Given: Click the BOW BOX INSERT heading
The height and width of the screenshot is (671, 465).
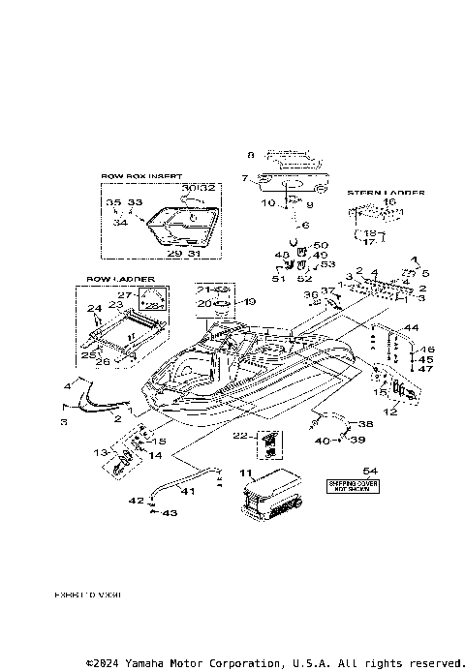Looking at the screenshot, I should coord(141,177).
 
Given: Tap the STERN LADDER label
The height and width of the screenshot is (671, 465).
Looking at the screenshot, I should coord(385,193).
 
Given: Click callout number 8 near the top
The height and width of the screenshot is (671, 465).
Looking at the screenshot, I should coord(250,155).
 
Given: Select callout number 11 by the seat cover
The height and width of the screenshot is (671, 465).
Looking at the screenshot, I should coord(245,473).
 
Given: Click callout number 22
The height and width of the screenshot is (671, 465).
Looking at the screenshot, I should coord(240,435).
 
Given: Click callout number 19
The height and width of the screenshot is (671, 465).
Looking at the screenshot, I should coord(250,302).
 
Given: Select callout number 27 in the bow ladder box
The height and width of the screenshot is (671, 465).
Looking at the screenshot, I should coord(123,294).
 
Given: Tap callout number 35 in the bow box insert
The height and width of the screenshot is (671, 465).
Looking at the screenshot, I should coord(113,202).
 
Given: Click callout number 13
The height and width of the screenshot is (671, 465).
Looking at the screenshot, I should coord(99,452).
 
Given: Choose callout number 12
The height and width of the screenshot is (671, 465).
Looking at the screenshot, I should coord(391,412).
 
